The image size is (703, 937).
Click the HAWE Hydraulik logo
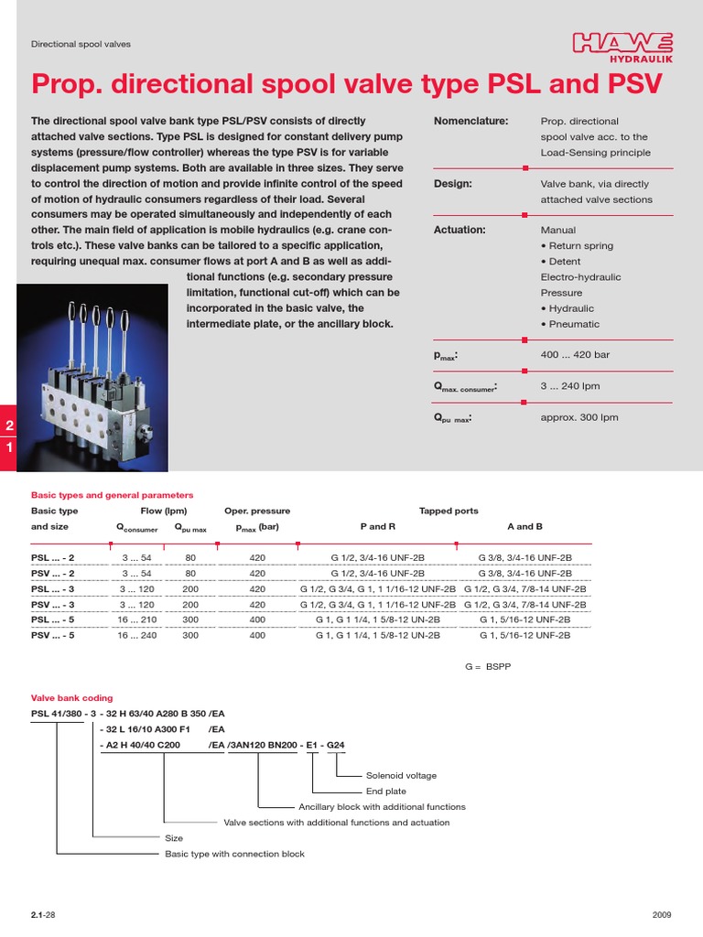click(622, 46)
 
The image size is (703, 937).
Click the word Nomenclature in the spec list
click(467, 121)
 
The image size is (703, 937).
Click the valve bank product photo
click(92, 366)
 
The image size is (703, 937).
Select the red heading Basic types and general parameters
click(113, 494)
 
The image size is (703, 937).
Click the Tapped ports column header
click(449, 512)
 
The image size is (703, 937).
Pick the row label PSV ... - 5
click(53, 635)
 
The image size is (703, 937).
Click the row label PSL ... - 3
click(53, 589)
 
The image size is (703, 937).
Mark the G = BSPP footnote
click(488, 667)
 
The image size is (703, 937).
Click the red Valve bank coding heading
click(72, 697)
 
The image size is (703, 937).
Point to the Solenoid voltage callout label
click(401, 775)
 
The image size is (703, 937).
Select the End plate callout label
click(386, 791)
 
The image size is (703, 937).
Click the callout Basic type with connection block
click(234, 854)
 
